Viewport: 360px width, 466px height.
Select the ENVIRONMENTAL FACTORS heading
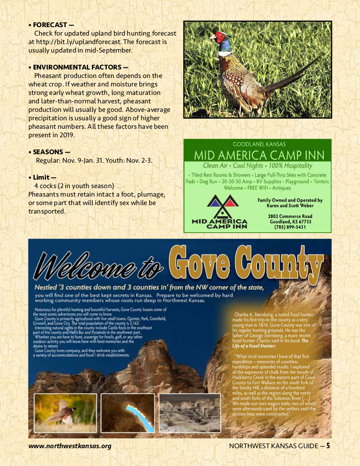pyautogui.click(x=78, y=67)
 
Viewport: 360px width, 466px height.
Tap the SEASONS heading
pyautogui.click(x=49, y=152)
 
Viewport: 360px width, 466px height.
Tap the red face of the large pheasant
pyautogui.click(x=219, y=37)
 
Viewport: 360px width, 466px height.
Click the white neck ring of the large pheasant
pyautogui.click(x=225, y=54)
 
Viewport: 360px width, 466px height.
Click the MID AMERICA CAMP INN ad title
pyautogui.click(x=257, y=155)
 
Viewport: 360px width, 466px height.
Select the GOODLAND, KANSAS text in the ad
pyautogui.click(x=257, y=144)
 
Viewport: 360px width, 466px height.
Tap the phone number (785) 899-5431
pyautogui.click(x=290, y=227)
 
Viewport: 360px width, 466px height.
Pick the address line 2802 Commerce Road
pyautogui.click(x=290, y=216)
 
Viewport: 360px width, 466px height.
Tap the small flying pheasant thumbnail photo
pyautogui.click(x=65, y=413)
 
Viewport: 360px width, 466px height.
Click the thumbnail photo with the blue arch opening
pyautogui.click(x=127, y=413)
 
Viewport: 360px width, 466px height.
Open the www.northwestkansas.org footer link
pyautogui.click(x=70, y=446)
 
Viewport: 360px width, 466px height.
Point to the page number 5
pyautogui.click(x=328, y=446)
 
